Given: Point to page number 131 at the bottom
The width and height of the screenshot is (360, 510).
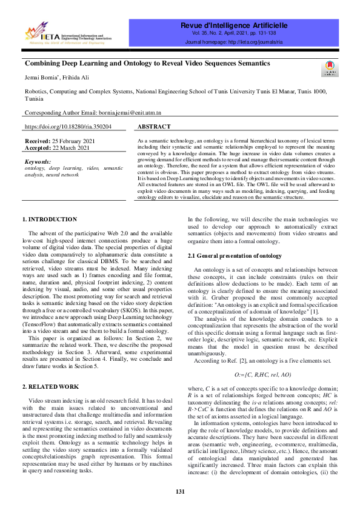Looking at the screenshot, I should tap(180, 492).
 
